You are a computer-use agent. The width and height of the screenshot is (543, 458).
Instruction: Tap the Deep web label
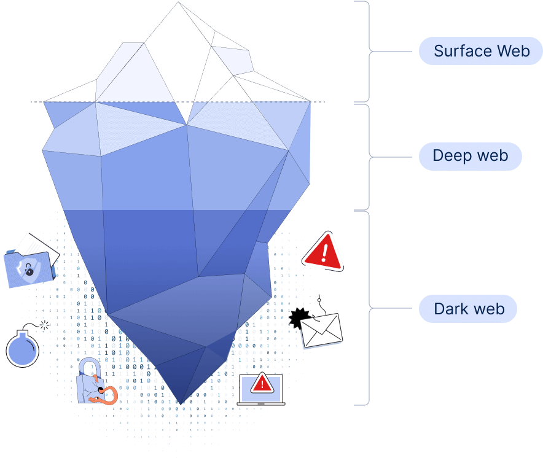coord(470,156)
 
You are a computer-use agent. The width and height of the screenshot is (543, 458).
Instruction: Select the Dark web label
coord(468,309)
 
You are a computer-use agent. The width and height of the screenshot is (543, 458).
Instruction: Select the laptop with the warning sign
coord(262,389)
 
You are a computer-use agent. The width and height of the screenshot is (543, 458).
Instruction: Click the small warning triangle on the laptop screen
coord(262,384)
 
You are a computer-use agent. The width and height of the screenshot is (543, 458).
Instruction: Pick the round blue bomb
coord(23,351)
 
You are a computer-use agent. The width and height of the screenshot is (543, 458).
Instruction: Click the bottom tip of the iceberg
coord(180,402)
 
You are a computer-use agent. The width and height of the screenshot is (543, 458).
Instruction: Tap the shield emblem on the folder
coord(27,269)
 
